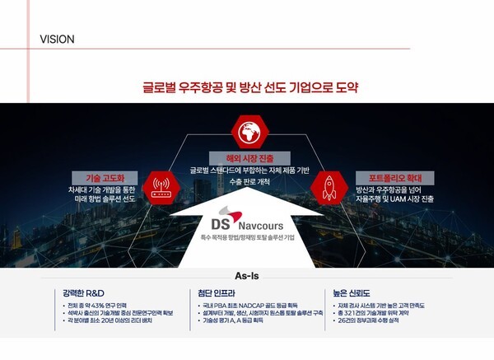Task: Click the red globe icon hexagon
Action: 247,130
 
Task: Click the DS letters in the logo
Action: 201,223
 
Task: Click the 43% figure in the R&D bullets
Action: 94,305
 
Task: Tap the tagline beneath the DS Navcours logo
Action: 246,237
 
